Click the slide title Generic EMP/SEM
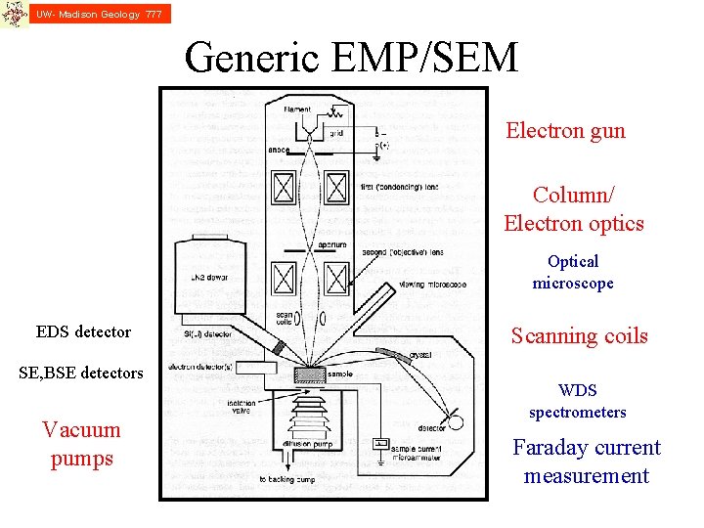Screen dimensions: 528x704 (351, 59)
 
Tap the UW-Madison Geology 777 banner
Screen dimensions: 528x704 (98, 14)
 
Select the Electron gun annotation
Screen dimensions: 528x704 (565, 131)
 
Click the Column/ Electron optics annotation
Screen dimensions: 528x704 (574, 209)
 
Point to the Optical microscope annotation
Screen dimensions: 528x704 (573, 272)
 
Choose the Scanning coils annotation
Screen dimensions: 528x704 (579, 336)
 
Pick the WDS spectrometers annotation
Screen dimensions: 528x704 (577, 401)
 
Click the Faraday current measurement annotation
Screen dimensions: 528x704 (587, 462)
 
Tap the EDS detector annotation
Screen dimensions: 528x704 (83, 331)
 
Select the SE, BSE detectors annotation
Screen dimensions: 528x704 (82, 373)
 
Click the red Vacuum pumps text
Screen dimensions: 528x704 (81, 444)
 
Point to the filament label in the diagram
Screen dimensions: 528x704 (298, 110)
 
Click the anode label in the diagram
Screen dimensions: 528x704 (278, 151)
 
